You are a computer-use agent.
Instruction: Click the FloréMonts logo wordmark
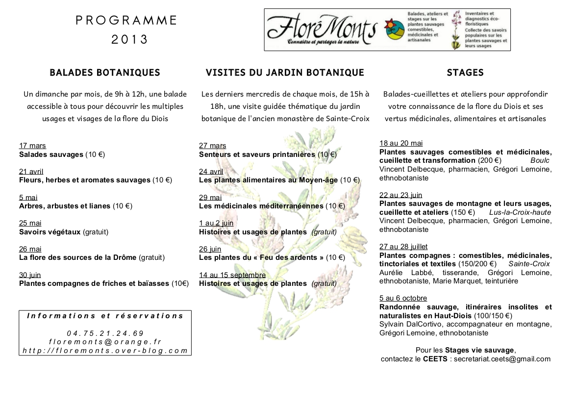point(322,29)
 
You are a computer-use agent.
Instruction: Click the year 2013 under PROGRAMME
point(129,40)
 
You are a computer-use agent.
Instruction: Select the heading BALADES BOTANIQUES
point(105,73)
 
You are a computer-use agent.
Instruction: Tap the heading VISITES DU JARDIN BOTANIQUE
point(285,73)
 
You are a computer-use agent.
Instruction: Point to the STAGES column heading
point(465,73)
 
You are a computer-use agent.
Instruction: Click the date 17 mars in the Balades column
point(32,146)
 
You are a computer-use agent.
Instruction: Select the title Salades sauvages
point(51,154)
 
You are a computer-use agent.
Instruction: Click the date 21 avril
point(31,172)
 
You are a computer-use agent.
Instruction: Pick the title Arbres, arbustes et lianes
point(65,206)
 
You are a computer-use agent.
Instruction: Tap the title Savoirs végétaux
point(50,231)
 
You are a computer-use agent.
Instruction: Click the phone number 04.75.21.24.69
point(105,333)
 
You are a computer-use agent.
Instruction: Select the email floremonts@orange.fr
point(105,342)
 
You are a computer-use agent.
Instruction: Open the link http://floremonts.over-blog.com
point(105,350)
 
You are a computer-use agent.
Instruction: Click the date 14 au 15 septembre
point(232,275)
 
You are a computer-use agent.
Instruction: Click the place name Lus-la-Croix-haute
point(520,212)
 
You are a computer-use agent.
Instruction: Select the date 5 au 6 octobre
point(403,298)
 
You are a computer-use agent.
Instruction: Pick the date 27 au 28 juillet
point(403,247)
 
